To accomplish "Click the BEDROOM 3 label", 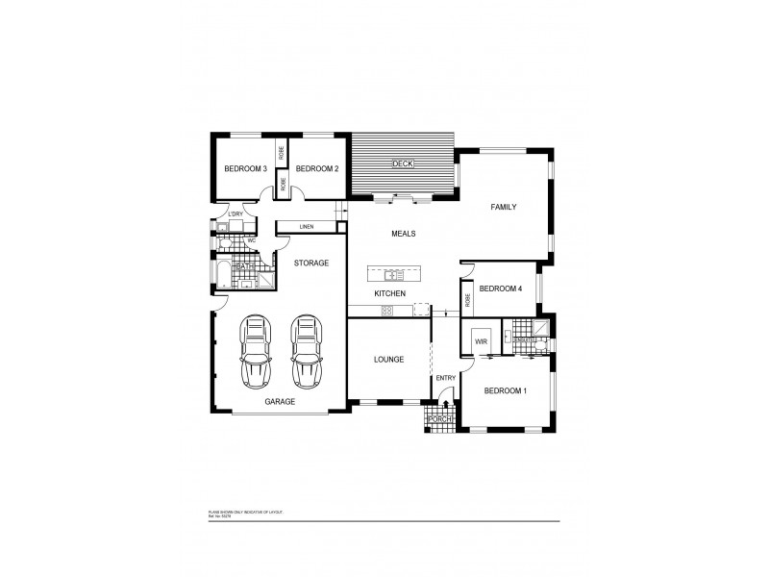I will click(245, 169).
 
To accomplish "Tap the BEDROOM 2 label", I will click(316, 169).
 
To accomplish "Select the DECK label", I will click(402, 164).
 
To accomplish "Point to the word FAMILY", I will click(504, 207).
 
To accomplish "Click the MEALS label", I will click(403, 234).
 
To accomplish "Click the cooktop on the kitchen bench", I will click(386, 310).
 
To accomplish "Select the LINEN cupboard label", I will click(307, 227).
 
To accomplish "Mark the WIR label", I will click(480, 340).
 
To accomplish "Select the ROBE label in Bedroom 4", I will click(467, 297).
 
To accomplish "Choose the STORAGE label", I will click(311, 263).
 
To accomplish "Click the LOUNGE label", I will click(388, 360).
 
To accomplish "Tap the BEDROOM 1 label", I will click(505, 390).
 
